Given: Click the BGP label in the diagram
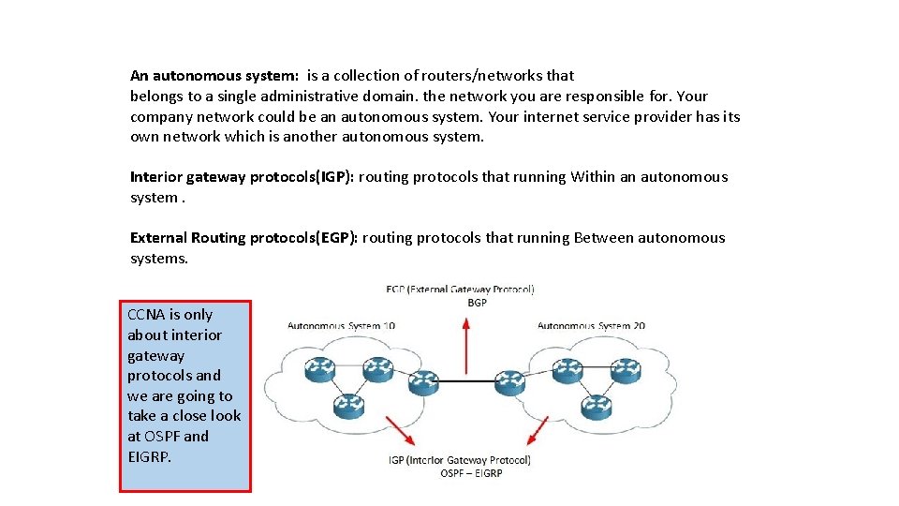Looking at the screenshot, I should (477, 303).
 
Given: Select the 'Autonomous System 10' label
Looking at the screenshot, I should (341, 326).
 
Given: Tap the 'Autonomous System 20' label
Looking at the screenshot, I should (591, 326).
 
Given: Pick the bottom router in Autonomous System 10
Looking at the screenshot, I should (348, 406).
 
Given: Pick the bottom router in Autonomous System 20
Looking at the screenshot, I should (594, 407).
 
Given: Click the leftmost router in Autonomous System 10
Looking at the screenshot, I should (318, 370).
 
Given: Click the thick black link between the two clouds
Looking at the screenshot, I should (466, 380).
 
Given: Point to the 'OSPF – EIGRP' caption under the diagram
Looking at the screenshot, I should (471, 473).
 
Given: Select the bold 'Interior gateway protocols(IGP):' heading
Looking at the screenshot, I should (242, 176).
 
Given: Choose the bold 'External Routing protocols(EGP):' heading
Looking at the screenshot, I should (243, 237).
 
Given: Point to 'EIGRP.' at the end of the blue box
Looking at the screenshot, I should (150, 456).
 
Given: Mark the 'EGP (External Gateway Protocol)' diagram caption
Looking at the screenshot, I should (460, 290).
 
